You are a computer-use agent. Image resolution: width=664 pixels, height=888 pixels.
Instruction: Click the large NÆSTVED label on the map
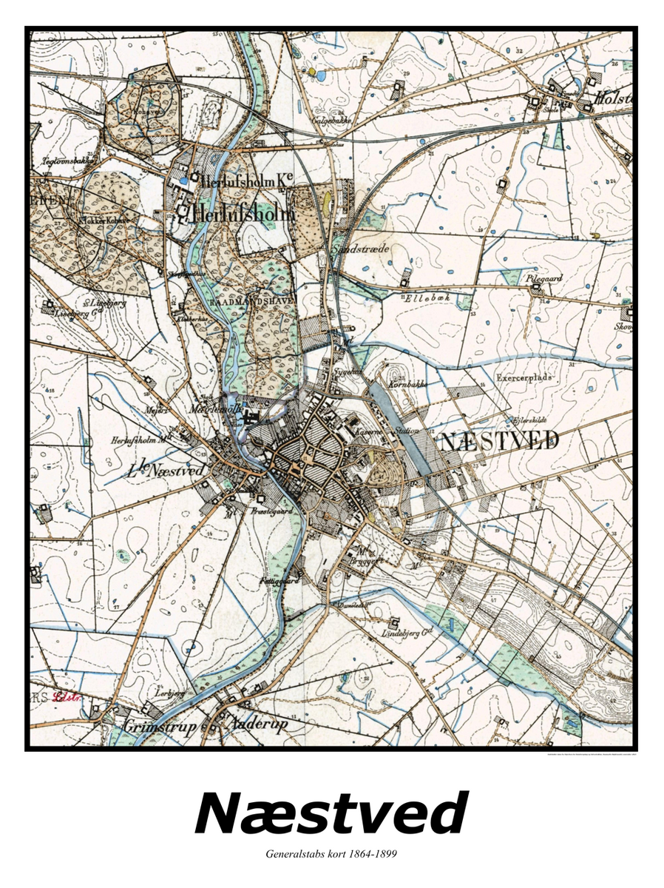pyautogui.click(x=499, y=442)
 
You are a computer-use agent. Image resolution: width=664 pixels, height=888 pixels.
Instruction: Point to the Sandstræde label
pyautogui.click(x=361, y=249)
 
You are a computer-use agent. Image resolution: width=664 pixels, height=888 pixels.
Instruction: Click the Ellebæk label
pyautogui.click(x=433, y=299)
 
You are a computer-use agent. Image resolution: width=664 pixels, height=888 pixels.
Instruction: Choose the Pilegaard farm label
pyautogui.click(x=544, y=279)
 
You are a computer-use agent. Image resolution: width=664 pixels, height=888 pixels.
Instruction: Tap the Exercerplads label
pyautogui.click(x=524, y=377)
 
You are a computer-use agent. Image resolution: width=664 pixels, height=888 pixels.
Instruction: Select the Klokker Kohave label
pyautogui.click(x=103, y=220)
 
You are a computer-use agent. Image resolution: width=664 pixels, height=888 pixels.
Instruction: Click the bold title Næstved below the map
pyautogui.click(x=331, y=813)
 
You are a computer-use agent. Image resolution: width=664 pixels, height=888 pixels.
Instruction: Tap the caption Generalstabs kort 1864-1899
pyautogui.click(x=331, y=854)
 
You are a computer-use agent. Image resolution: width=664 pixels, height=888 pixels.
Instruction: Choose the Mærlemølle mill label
pyautogui.click(x=209, y=409)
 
